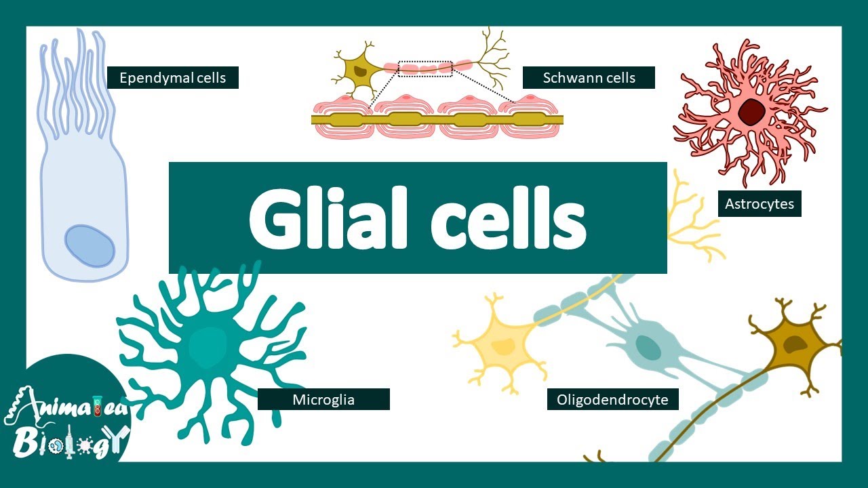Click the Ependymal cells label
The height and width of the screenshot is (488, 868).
coord(172,78)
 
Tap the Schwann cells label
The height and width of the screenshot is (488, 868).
coord(589,78)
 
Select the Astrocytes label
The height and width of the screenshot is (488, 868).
coord(759,203)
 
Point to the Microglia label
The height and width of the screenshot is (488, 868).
coord(323,399)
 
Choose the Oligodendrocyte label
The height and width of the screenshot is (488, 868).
coord(612,399)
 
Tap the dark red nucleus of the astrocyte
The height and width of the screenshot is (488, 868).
coord(751,111)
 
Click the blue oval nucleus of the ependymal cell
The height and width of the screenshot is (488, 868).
coord(90,246)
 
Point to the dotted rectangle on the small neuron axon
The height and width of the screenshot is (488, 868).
coord(425,68)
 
